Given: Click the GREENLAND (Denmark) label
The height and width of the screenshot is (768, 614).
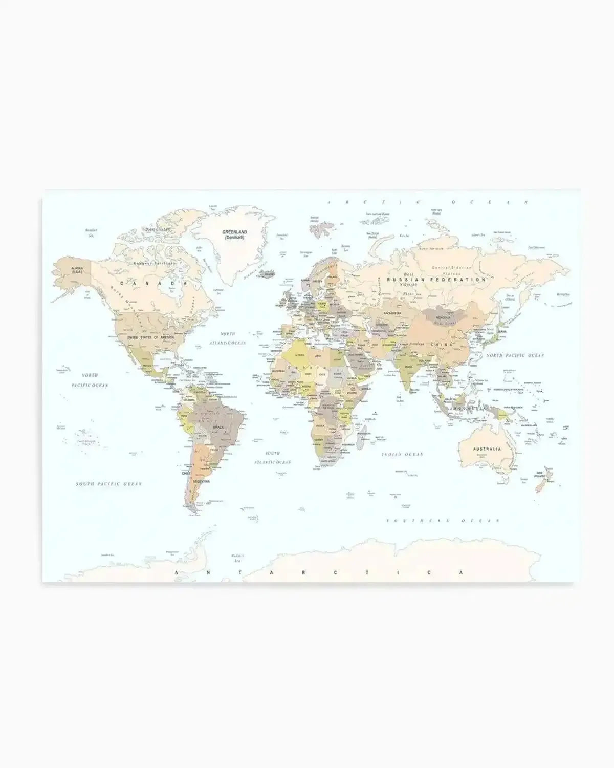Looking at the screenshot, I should (x=234, y=234).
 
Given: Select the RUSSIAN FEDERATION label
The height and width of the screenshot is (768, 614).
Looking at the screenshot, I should (x=436, y=280).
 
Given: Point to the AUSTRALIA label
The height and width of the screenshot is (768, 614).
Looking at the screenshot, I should (x=487, y=449).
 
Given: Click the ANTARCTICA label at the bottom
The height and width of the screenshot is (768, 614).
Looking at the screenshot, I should (x=320, y=572).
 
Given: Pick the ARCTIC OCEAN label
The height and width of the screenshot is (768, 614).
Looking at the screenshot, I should (x=427, y=203).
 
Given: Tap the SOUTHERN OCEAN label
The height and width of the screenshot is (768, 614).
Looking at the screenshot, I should (x=443, y=520).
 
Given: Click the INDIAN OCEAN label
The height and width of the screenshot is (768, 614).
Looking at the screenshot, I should (x=402, y=454).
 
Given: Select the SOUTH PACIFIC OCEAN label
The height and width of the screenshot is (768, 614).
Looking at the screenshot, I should (x=109, y=484).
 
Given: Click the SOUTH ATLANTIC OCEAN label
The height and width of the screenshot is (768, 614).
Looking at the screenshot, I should (x=273, y=458).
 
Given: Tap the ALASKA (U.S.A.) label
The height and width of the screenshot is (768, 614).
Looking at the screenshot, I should (x=77, y=270).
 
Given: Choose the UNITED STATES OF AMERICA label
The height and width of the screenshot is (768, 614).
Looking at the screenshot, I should (x=150, y=337).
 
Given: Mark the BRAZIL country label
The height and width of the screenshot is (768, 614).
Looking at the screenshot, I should (x=218, y=426).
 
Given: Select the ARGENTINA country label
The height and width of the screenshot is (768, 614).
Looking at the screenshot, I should (x=201, y=481).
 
